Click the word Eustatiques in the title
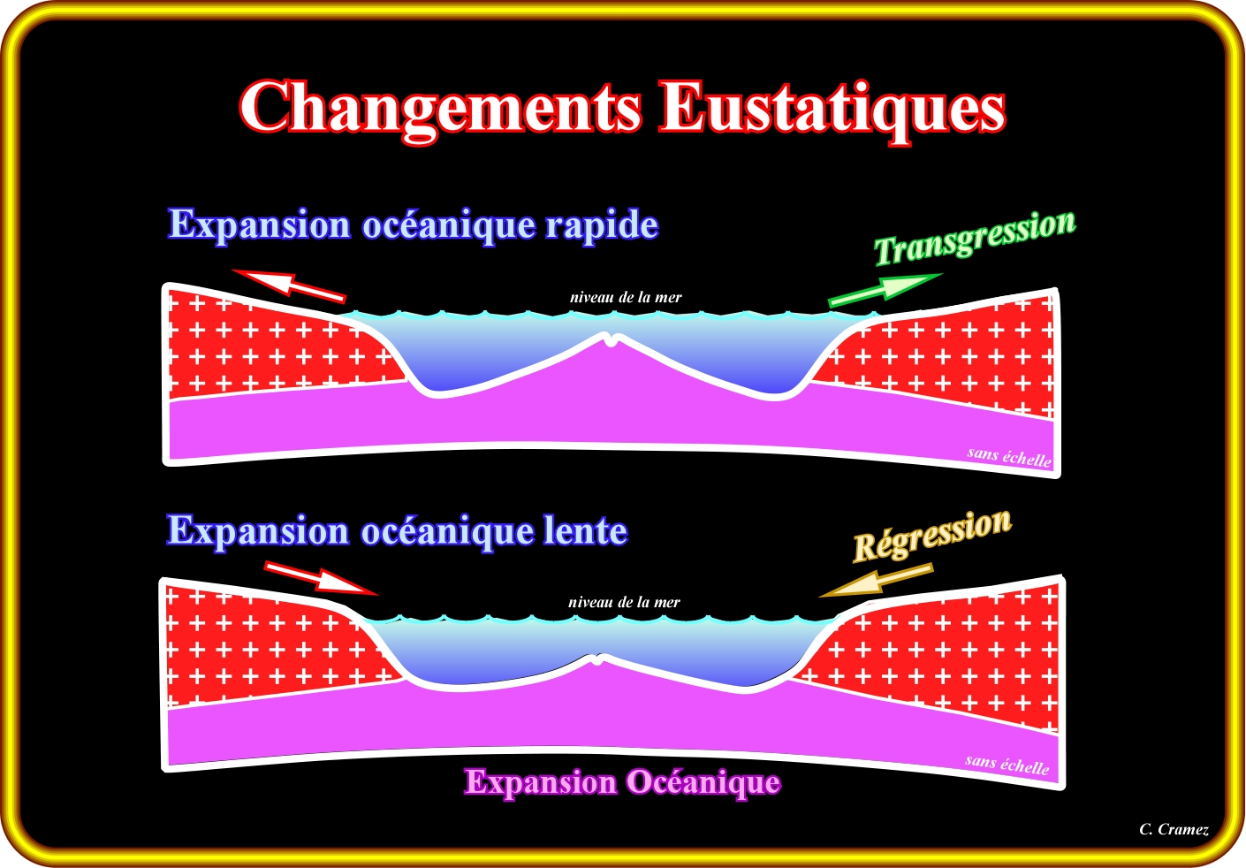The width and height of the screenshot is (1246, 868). (x=833, y=108)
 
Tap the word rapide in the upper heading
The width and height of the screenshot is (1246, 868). (x=601, y=225)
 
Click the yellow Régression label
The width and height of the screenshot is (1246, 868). (x=931, y=535)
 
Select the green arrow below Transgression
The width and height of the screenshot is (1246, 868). (x=884, y=291)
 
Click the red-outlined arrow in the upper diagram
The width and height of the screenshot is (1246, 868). (x=289, y=285)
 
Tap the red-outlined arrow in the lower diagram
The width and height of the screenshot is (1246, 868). (x=321, y=577)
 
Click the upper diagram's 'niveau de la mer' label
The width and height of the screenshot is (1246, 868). (x=626, y=298)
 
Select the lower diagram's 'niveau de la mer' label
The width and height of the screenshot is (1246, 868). (x=624, y=603)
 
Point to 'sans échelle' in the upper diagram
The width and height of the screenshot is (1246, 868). (x=1009, y=457)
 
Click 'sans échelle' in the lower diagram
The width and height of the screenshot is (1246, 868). (x=1007, y=765)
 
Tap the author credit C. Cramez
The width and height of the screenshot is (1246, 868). (x=1174, y=829)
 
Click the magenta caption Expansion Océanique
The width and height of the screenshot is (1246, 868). (x=623, y=782)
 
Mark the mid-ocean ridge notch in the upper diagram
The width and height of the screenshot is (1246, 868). (x=612, y=337)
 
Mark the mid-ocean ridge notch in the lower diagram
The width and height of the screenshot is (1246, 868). (x=599, y=659)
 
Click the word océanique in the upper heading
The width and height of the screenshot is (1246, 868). (x=448, y=225)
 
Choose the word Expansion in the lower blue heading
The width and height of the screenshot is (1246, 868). (x=258, y=531)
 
